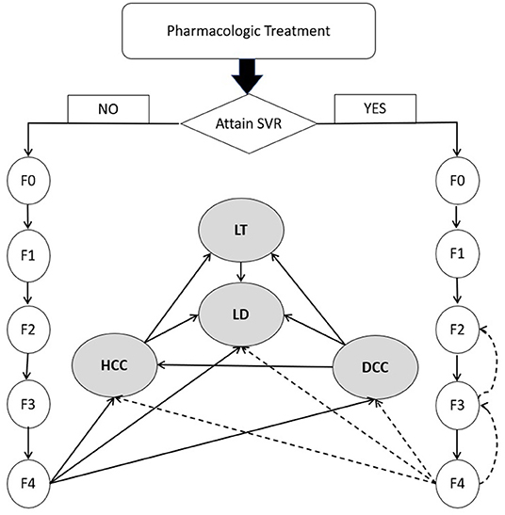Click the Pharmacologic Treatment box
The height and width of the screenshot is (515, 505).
(249, 31)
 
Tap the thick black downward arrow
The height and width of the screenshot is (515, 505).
(247, 76)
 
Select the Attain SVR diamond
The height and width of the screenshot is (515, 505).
(249, 124)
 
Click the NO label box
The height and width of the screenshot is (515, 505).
(108, 109)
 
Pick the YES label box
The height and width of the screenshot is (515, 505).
(375, 108)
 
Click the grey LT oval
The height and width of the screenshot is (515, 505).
(241, 231)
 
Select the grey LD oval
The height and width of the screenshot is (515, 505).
(241, 314)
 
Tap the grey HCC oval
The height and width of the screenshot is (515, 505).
(114, 365)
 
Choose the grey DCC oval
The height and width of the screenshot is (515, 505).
(376, 367)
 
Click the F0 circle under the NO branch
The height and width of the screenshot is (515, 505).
(28, 181)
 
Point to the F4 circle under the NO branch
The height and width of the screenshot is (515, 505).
(28, 484)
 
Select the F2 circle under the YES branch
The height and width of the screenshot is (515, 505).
(458, 330)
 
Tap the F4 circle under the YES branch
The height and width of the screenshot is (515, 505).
(458, 484)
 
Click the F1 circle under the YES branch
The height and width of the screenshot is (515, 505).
(458, 254)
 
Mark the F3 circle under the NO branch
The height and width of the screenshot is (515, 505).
(28, 405)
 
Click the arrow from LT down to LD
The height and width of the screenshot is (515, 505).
(241, 272)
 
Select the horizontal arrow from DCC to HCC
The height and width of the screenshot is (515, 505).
(245, 365)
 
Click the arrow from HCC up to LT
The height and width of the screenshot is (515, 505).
(178, 298)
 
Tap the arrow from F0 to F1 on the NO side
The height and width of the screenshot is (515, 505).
(28, 217)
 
